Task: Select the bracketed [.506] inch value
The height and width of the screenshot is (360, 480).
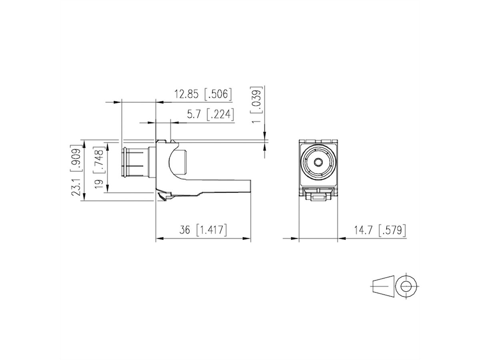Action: pos(218,94)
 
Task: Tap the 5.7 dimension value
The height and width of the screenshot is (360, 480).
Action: pos(194,115)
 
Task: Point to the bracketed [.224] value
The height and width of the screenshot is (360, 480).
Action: pos(220,115)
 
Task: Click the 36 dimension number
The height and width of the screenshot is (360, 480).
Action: pos(184,230)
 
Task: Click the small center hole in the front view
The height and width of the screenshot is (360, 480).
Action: pos(318,162)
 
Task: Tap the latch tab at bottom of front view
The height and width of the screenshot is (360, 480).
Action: pos(318,196)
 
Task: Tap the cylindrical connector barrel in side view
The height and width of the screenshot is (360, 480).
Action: pos(134,164)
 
